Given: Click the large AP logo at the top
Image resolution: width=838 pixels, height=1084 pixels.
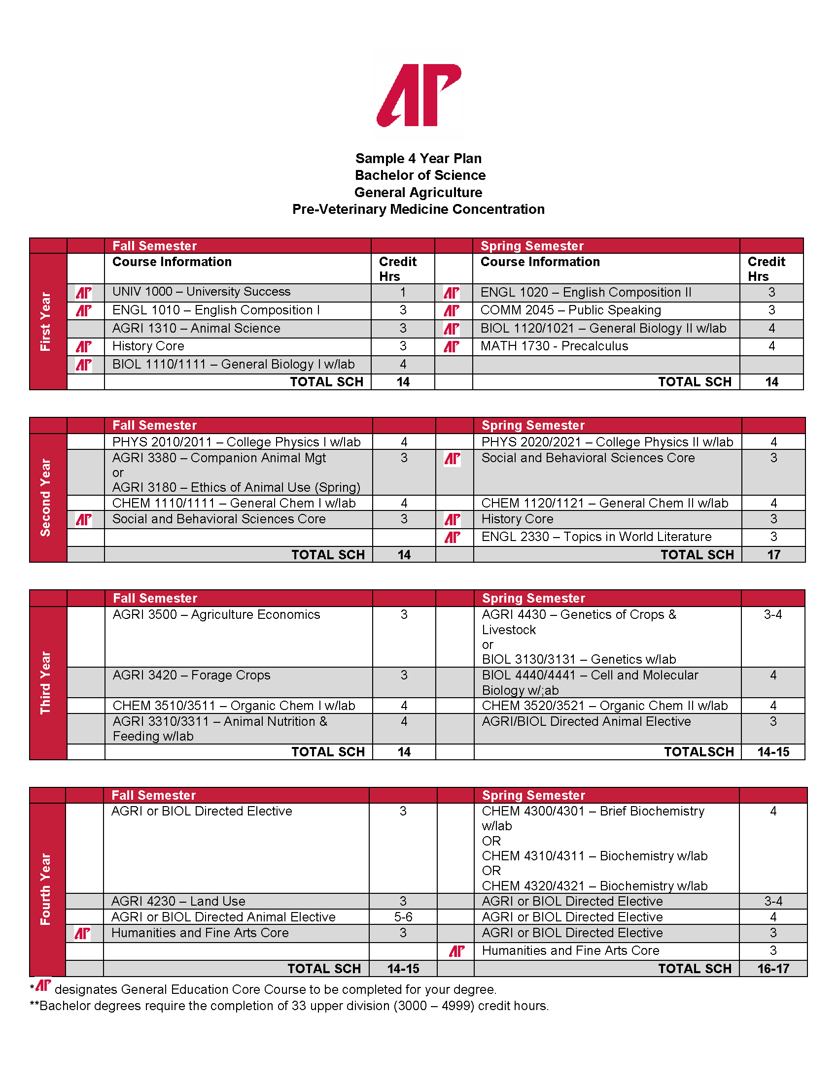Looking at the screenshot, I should coord(419,95).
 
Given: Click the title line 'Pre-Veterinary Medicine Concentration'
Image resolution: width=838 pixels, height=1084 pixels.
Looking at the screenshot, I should coord(418,209).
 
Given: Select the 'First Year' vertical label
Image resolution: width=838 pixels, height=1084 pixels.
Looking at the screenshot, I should coord(46,321).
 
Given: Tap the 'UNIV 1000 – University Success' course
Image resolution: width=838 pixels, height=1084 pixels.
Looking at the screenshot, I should coord(201,292).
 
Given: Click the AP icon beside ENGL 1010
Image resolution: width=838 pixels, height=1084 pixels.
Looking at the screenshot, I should coord(83,311).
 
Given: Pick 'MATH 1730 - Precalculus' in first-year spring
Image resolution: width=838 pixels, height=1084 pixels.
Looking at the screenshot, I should coord(554,346).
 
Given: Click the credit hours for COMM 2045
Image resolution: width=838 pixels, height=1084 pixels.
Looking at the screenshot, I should coord(771,310).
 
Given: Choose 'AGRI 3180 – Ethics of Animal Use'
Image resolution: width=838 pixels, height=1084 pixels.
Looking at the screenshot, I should coord(236,487).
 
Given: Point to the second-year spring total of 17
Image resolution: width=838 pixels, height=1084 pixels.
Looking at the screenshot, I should coord(773,554).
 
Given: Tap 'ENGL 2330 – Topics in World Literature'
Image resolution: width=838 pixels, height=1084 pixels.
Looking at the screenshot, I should coord(596,537).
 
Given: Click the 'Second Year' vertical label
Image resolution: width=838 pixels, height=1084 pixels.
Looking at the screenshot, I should coord(46,497).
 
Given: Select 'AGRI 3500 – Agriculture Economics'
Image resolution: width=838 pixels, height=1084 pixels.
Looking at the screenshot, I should coord(216,614).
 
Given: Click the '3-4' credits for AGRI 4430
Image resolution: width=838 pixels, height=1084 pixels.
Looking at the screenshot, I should coord(772,614).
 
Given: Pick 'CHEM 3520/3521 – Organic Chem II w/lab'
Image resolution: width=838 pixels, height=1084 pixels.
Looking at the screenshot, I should coord(604,705).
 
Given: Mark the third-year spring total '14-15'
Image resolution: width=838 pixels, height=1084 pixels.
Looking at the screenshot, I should coord(773,751).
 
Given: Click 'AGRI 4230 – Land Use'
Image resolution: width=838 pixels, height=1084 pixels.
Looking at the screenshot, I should coord(178,901).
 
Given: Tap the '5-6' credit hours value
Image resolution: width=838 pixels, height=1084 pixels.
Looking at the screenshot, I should coord(403,917).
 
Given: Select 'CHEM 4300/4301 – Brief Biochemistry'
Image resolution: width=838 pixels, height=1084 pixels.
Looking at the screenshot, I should coord(593,811).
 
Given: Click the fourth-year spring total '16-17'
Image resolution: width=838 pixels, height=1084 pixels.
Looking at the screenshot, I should coord(773,968).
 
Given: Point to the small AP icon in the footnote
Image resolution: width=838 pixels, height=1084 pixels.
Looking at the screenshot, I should coord(44,985).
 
